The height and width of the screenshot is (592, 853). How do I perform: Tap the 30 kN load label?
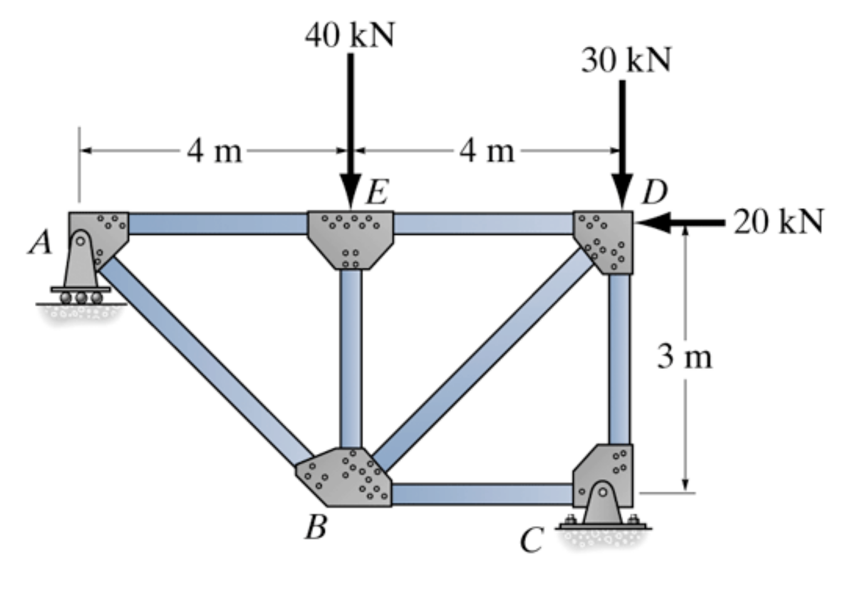pyautogui.click(x=626, y=60)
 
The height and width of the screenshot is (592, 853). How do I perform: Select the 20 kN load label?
pyautogui.click(x=778, y=222)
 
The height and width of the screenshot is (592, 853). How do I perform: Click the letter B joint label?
pyautogui.click(x=316, y=527)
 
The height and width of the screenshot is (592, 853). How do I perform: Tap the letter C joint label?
pyautogui.click(x=532, y=540)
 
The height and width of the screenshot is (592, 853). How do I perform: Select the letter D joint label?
pyautogui.click(x=654, y=193)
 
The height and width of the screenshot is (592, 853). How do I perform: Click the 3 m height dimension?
pyautogui.click(x=685, y=357)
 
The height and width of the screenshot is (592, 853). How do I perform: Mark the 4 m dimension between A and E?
pyautogui.click(x=214, y=151)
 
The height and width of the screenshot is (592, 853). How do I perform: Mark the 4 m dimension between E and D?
pyautogui.click(x=487, y=151)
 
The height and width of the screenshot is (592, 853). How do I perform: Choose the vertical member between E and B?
pyautogui.click(x=351, y=357)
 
